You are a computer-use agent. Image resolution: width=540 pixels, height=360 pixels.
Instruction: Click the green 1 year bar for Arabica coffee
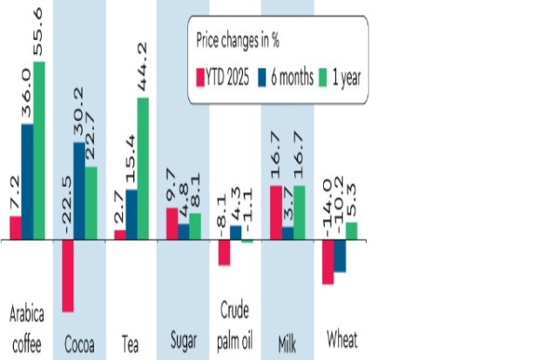point(38,151)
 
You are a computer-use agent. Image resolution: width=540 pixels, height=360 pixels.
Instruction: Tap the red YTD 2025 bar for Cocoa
point(67,275)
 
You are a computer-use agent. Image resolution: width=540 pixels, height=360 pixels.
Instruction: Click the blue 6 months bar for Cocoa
point(79,191)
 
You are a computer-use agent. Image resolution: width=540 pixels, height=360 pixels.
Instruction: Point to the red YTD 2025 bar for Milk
point(276,212)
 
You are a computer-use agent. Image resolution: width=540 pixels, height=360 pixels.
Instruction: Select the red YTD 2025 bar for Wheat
point(327,261)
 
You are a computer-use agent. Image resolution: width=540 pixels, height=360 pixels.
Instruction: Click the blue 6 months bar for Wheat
point(340,255)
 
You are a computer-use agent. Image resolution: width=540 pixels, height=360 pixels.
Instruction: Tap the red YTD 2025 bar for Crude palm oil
point(224,252)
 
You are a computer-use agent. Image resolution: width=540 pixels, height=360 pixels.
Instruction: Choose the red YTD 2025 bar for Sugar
point(172,223)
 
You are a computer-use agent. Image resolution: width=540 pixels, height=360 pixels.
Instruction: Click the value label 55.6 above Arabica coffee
point(39,31)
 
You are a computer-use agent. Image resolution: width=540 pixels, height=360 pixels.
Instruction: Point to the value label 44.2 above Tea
point(144,65)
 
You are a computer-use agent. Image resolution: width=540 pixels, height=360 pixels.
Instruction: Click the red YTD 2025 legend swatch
point(199,77)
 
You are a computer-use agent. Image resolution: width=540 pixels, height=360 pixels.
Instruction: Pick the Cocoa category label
point(79,341)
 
